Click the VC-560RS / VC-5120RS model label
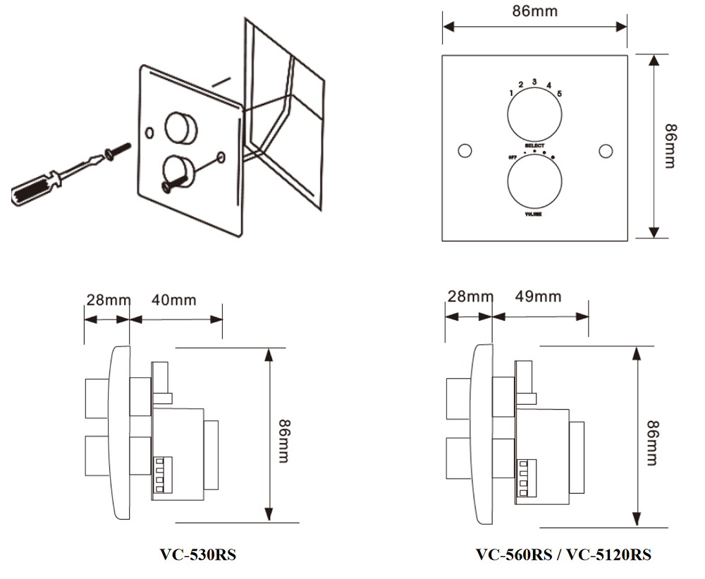(563, 554)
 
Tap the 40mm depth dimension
(174, 300)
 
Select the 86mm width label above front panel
(534, 11)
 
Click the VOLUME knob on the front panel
(534, 180)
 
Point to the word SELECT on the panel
(534, 145)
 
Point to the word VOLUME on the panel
(534, 213)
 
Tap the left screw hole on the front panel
(464, 152)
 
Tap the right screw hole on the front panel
(604, 152)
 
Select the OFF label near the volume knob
(513, 157)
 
